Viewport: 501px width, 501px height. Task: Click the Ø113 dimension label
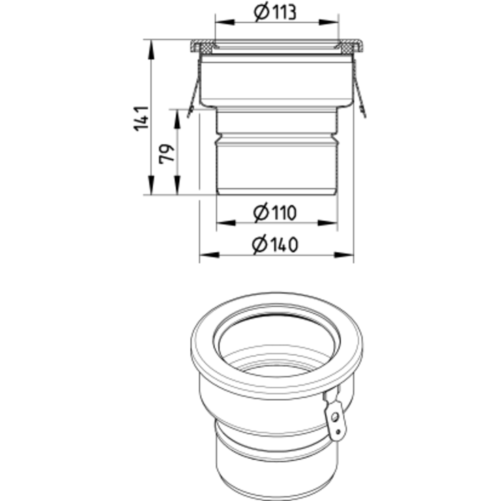point(275,12)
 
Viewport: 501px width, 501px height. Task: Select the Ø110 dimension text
point(275,213)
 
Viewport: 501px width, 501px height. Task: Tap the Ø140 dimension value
point(275,245)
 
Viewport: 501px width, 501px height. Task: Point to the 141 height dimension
point(141,118)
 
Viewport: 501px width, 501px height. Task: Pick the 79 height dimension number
point(167,154)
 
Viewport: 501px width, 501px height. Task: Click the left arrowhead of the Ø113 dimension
point(225,22)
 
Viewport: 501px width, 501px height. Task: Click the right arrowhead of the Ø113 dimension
point(329,22)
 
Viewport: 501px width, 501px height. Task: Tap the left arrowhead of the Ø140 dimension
point(209,255)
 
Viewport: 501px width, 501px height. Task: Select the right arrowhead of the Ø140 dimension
point(344,255)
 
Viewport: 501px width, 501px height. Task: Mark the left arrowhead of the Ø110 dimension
point(226,223)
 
